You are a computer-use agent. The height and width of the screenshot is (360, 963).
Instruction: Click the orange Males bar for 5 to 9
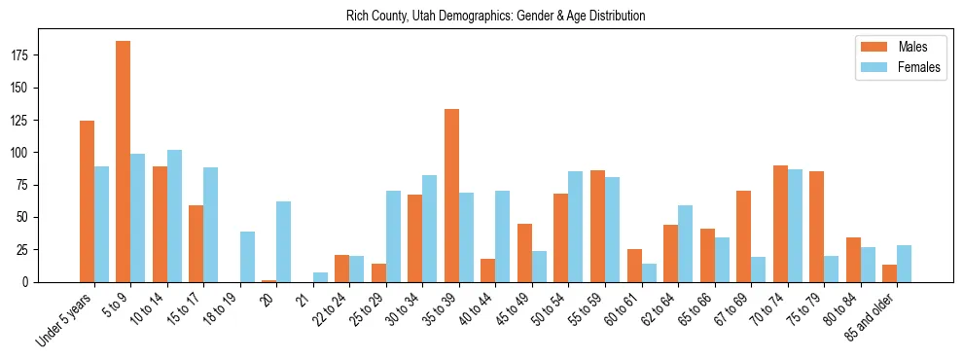coord(124,162)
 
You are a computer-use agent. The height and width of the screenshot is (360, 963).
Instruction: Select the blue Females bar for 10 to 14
coord(174,216)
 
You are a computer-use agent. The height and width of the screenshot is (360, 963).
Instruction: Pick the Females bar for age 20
coord(283,241)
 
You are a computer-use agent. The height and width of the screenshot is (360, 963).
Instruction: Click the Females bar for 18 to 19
coord(247,257)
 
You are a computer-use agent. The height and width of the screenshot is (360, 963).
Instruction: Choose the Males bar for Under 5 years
coord(87,201)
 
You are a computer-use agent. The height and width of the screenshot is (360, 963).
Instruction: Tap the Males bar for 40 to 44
coord(488,270)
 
